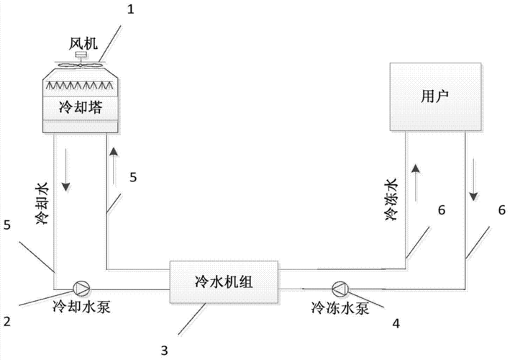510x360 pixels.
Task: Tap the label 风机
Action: pos(79,44)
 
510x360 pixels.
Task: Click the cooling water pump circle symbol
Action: pos(81,288)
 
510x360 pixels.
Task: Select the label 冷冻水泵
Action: pos(338,307)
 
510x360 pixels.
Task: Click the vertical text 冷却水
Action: pos(42,204)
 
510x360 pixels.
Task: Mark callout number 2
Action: pos(6,320)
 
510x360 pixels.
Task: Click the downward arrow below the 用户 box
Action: pos(474,189)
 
